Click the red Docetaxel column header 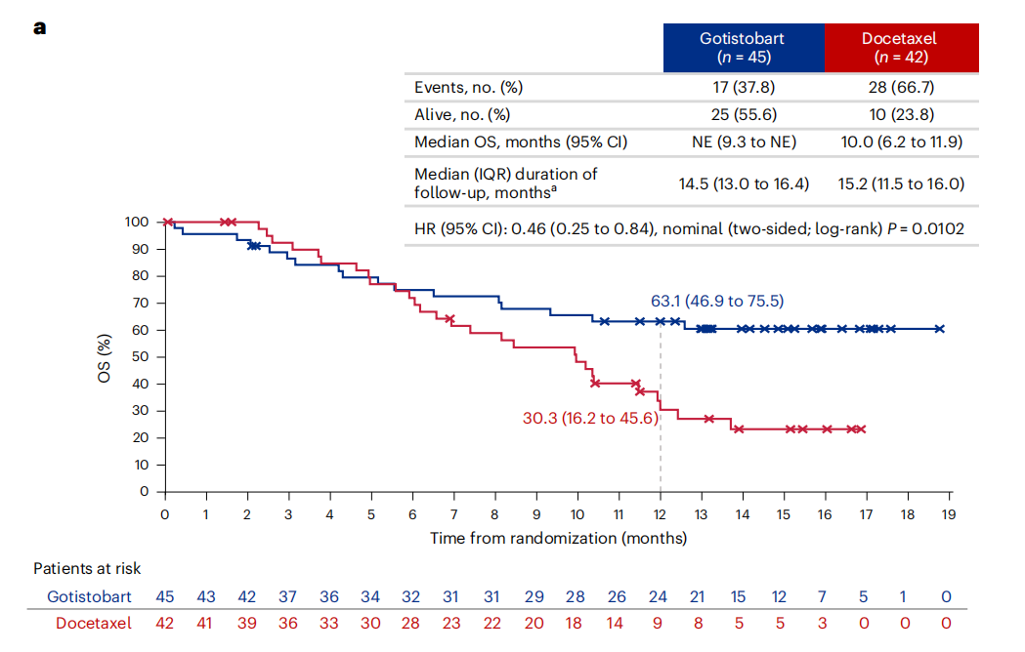[x=900, y=48]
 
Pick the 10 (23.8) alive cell [x=900, y=114]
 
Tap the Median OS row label [x=521, y=142]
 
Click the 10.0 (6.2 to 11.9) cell [x=900, y=142]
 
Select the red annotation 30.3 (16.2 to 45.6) [x=589, y=418]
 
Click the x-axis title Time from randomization [x=558, y=538]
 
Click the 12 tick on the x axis [x=661, y=513]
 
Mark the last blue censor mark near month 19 [x=939, y=329]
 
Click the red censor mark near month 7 [x=449, y=319]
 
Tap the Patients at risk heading [x=87, y=568]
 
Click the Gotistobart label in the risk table [x=89, y=596]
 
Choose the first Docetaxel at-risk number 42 [x=165, y=622]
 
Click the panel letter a [x=39, y=27]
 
